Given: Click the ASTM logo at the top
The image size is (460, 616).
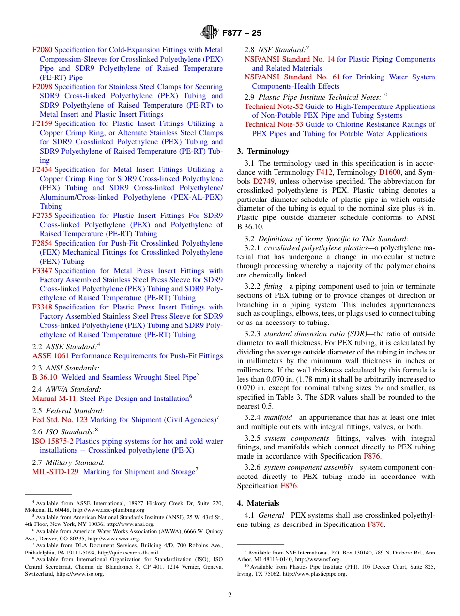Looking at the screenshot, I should point(210,33).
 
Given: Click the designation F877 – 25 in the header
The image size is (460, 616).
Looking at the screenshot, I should point(242,33).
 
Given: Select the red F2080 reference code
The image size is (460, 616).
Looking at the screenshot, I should point(42,50).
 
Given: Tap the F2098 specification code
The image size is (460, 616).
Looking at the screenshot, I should point(42,87).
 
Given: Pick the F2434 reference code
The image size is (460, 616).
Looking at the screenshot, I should point(42,169).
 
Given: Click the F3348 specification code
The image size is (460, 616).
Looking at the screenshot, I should point(42,307).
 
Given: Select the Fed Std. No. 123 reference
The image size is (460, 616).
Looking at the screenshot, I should point(60,420).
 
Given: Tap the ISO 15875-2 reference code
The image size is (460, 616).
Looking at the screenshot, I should point(53,441).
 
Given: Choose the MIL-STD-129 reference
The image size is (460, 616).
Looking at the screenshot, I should point(55,472).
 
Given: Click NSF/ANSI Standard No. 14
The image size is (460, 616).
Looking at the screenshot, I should point(289,59).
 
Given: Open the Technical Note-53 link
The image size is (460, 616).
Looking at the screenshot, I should point(274,124).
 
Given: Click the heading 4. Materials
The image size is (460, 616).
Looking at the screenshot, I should point(258,503).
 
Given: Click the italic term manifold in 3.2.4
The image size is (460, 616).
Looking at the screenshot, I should point(279,417).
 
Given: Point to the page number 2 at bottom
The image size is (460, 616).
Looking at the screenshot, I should point(230,595).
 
